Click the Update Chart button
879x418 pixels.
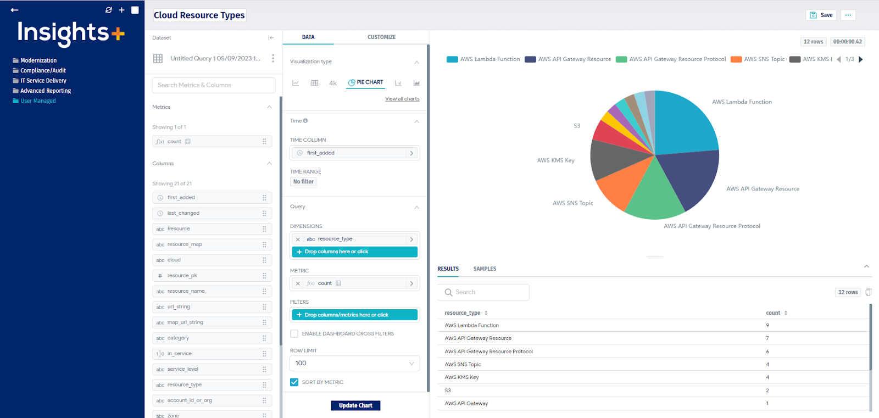point(355,405)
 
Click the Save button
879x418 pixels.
point(821,15)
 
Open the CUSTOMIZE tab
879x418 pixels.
point(381,37)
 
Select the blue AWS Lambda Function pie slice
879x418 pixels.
point(684,124)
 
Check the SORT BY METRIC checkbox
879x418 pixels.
point(294,382)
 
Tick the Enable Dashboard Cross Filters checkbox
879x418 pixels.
point(294,333)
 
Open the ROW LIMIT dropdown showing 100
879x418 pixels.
point(354,363)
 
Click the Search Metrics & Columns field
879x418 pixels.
point(213,85)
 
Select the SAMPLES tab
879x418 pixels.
point(485,269)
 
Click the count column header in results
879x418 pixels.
point(773,313)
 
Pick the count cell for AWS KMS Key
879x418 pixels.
point(767,377)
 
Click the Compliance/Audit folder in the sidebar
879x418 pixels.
point(43,70)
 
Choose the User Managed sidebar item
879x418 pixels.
point(38,101)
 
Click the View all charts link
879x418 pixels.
point(402,99)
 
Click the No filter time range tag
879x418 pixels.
point(303,182)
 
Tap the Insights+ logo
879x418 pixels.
point(71,33)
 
